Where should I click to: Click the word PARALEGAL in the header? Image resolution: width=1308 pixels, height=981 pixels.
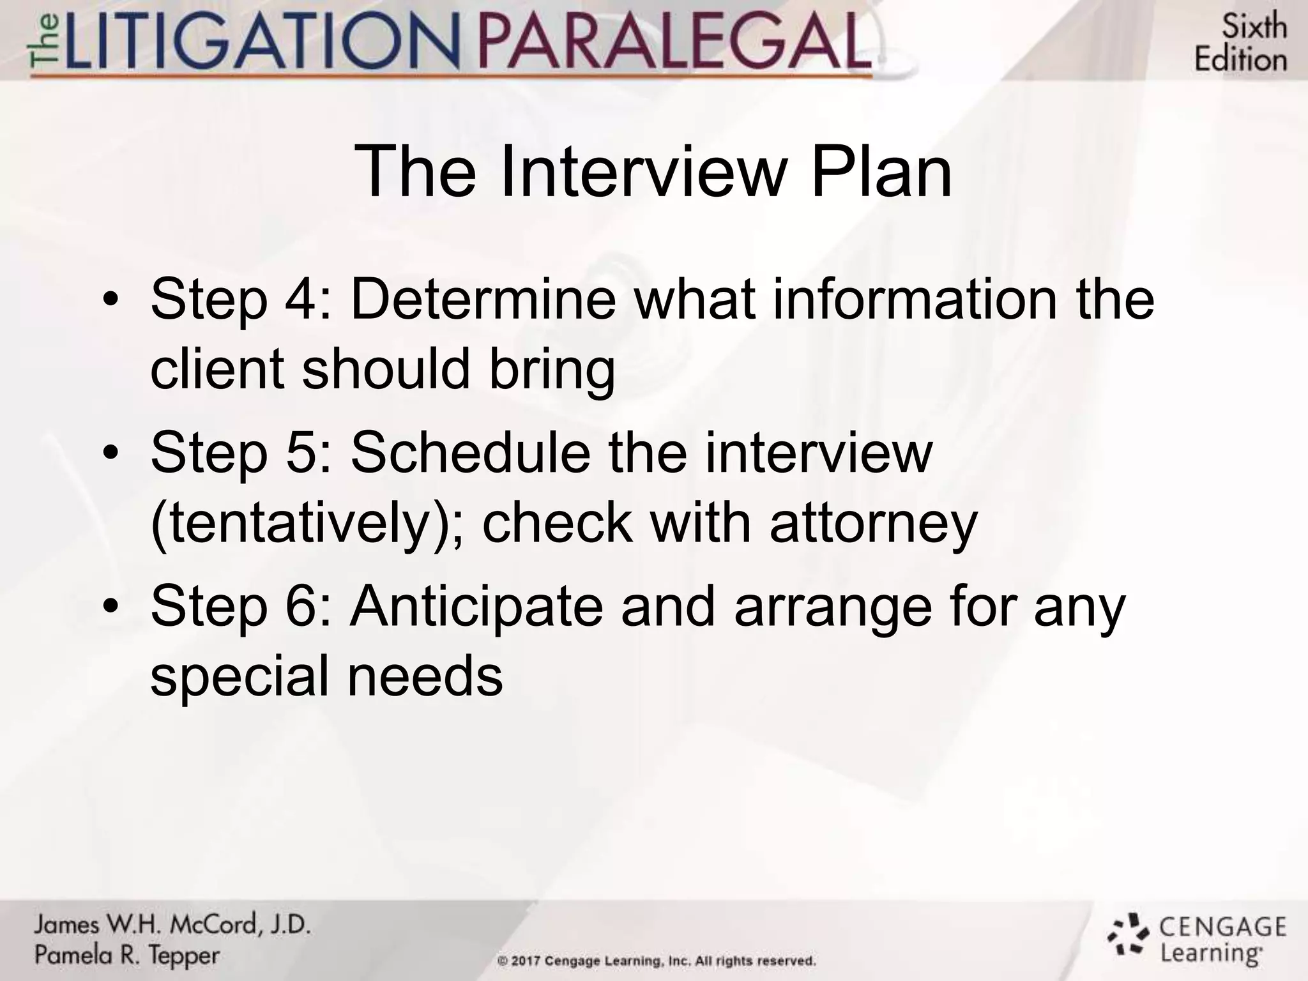point(674,43)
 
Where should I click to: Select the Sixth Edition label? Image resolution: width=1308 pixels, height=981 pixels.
point(1240,43)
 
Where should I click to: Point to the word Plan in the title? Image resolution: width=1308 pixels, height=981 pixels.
point(881,171)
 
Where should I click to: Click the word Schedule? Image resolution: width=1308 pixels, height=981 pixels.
point(471,452)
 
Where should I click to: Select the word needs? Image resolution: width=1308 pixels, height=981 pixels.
point(425,676)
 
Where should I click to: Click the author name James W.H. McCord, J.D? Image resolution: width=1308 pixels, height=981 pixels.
point(172,924)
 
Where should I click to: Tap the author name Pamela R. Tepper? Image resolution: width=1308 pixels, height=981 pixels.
point(127,955)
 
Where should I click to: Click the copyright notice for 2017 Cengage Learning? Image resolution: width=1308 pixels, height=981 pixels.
point(657,961)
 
